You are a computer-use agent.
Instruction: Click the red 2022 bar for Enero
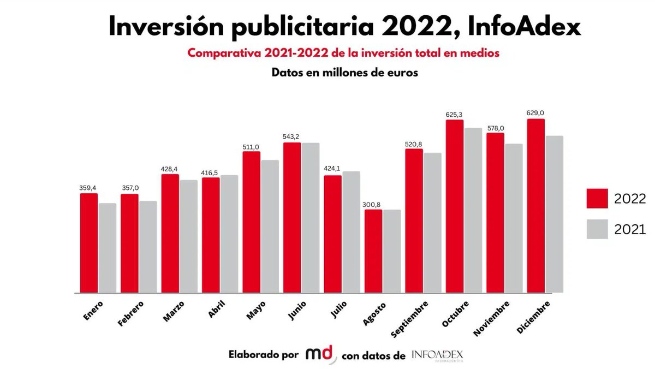tap(89, 243)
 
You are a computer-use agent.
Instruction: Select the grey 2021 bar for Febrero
tap(148, 247)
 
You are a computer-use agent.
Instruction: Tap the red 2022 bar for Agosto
tap(373, 251)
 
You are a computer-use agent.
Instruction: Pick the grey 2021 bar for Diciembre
tap(554, 214)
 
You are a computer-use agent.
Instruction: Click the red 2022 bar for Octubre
tap(455, 206)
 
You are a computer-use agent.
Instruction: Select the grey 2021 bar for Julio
tap(352, 232)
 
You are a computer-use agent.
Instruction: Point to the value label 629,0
tap(535, 113)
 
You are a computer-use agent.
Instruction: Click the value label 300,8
tap(373, 204)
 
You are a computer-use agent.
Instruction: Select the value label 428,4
tap(170, 169)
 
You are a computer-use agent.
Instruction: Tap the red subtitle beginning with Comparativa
tap(343, 53)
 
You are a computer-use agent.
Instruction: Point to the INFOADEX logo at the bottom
tap(437, 355)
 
